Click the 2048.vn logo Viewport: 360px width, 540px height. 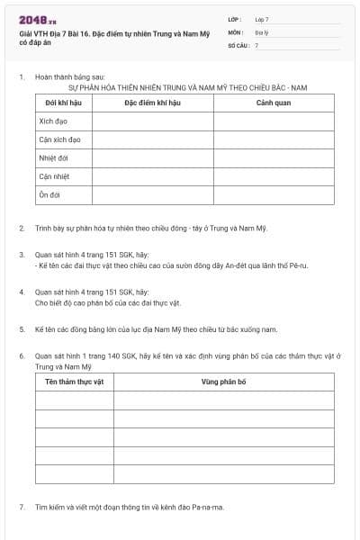click(x=37, y=21)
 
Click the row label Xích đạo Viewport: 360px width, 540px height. click(x=53, y=121)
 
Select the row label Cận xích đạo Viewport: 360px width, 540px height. click(x=59, y=139)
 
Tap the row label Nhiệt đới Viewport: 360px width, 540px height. click(x=53, y=157)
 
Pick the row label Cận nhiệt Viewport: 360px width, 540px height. click(x=54, y=176)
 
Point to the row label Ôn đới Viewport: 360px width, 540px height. click(x=49, y=194)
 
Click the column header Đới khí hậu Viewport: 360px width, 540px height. click(x=58, y=102)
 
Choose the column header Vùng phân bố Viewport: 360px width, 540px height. click(x=223, y=382)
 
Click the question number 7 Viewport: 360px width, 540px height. click(x=21, y=507)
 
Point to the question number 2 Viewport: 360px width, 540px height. click(x=21, y=229)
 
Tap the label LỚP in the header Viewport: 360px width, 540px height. click(x=234, y=19)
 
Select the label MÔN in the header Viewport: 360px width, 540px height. click(x=235, y=31)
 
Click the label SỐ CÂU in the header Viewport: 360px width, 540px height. click(x=238, y=44)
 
